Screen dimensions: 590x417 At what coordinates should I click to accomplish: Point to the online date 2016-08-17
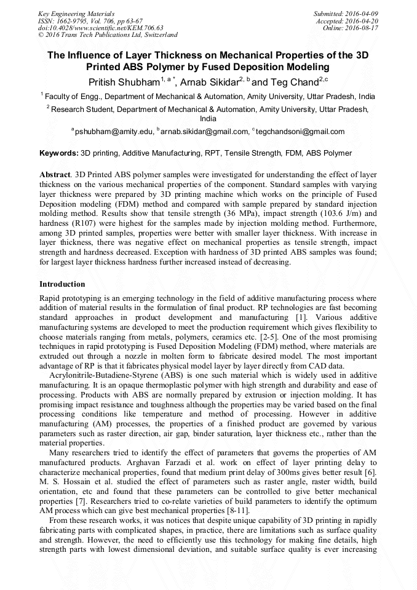click(363, 28)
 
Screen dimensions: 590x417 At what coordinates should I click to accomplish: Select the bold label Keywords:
click(59, 153)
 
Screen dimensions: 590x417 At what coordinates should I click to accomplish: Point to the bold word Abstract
click(54, 174)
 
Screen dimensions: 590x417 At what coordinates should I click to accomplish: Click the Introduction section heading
click(62, 284)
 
